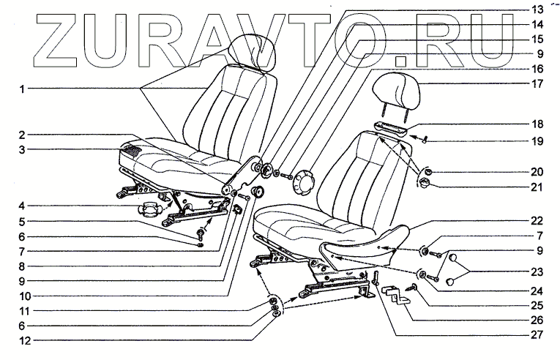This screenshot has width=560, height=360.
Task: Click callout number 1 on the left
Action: pos(23,90)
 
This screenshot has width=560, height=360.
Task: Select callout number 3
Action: pos(23,150)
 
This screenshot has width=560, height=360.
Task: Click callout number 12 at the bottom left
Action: pos(23,340)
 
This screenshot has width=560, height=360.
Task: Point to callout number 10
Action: pos(23,296)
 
